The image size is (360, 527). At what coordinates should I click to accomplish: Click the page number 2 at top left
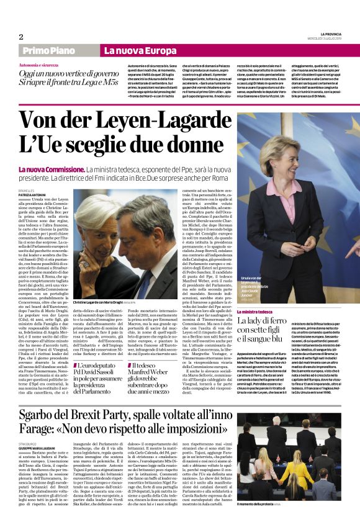(x=20, y=37)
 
